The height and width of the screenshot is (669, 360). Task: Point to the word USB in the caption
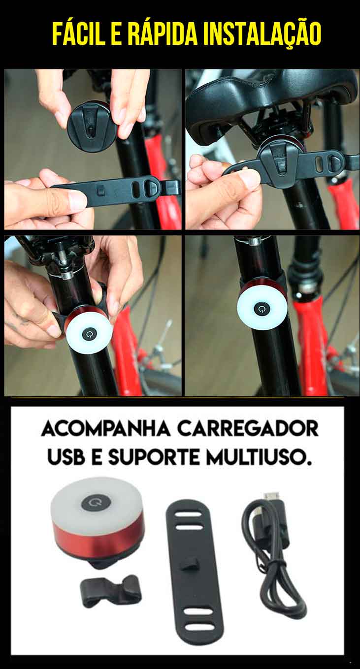65,457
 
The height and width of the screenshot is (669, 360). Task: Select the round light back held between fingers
91,126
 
